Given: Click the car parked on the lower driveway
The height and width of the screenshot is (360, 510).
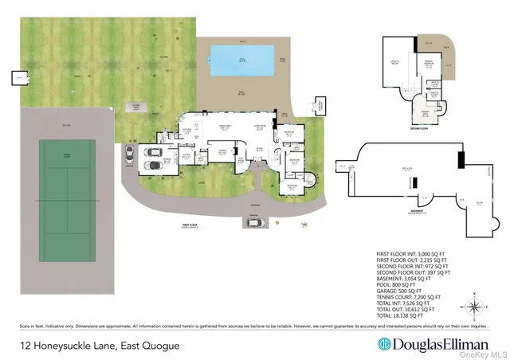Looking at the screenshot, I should coord(254,223).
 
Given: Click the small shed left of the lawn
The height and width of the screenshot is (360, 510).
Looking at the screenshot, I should coord(18,78).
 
